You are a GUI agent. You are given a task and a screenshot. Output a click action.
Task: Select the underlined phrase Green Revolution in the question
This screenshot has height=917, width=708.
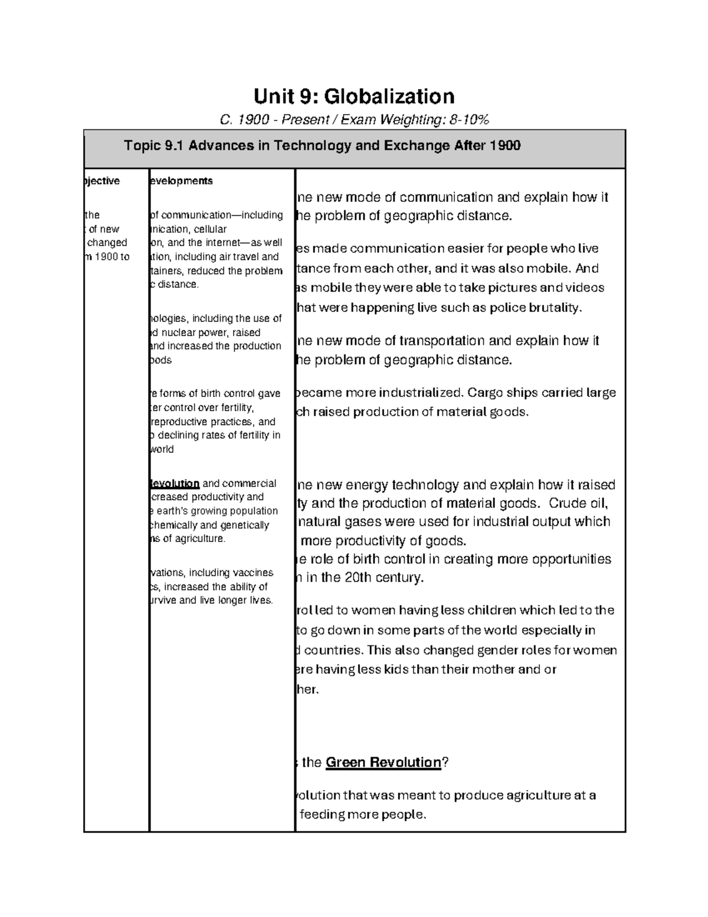[383, 762]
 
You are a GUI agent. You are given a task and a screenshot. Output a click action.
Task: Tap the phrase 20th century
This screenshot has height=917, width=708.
[383, 577]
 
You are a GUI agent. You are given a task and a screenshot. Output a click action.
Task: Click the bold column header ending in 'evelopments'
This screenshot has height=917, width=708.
[181, 181]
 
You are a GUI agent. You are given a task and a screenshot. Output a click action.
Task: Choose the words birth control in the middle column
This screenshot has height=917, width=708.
[229, 394]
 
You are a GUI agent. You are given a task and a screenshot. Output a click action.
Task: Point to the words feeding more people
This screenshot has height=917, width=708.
[362, 815]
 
